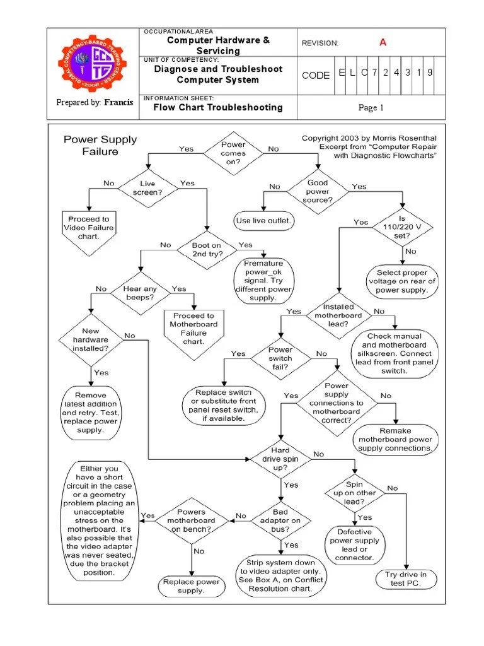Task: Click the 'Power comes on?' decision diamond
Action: (x=233, y=153)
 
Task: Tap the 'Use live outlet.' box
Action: (x=263, y=220)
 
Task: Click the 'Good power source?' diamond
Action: (x=318, y=191)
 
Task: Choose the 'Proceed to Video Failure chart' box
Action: (x=89, y=228)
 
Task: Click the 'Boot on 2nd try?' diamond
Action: (x=206, y=249)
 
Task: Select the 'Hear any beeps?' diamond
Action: (x=139, y=292)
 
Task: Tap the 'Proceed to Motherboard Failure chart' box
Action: (x=193, y=328)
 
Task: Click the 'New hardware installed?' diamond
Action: (x=91, y=339)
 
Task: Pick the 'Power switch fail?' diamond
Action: (x=280, y=358)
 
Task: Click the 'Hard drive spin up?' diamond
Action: (x=280, y=459)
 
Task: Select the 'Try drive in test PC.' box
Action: (x=406, y=578)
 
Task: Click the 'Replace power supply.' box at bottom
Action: (x=191, y=586)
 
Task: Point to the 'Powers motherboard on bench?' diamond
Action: (x=191, y=520)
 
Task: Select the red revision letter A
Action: (x=382, y=42)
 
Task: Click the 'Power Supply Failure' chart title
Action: (x=100, y=145)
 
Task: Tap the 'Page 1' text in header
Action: (x=371, y=107)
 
